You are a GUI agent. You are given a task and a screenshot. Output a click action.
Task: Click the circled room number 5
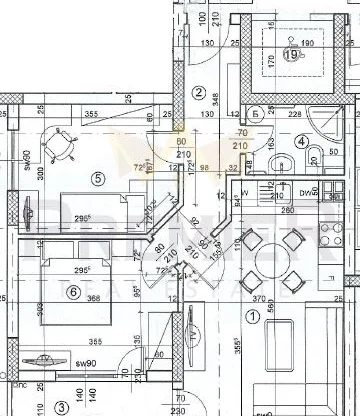tap(97, 179)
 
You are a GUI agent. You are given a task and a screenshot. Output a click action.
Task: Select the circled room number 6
tap(73, 291)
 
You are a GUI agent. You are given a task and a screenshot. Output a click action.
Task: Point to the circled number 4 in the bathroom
tap(301, 142)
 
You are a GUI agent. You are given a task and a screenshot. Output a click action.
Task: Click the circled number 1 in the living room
tap(252, 316)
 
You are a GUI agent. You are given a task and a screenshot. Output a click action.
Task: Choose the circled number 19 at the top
tap(291, 55)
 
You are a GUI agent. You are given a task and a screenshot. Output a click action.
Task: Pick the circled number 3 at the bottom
tap(60, 406)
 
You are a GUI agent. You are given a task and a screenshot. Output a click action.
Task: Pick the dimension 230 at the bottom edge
tap(179, 409)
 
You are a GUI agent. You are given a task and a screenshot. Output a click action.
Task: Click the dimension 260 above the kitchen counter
tap(287, 210)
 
